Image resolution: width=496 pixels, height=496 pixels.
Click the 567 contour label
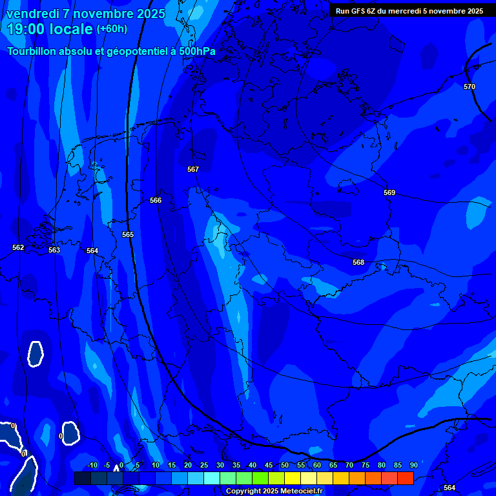pyautogui.click(x=193, y=169)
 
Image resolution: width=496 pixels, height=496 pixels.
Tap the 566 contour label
pyautogui.click(x=156, y=200)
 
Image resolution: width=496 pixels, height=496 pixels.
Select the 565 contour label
pyautogui.click(x=128, y=234)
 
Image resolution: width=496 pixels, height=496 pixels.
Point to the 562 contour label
pyautogui.click(x=18, y=247)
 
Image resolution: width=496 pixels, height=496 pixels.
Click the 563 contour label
pyautogui.click(x=54, y=250)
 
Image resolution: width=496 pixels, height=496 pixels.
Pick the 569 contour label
pyautogui.click(x=389, y=192)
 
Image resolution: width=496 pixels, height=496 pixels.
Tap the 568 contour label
pyautogui.click(x=358, y=262)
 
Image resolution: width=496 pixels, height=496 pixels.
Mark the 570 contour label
pyautogui.click(x=470, y=87)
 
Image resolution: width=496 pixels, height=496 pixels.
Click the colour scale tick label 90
pyautogui.click(x=413, y=466)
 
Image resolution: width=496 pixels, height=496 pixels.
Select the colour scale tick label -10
pyautogui.click(x=92, y=466)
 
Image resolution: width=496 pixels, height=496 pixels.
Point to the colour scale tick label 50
pyautogui.click(x=285, y=466)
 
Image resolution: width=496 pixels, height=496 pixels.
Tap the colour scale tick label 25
pyautogui.click(x=204, y=466)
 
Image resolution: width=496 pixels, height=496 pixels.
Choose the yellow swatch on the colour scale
pyautogui.click(x=293, y=478)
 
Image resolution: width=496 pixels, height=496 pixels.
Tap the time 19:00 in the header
pyautogui.click(x=33, y=29)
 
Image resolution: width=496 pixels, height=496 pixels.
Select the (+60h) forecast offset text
pyautogui.click(x=112, y=29)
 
